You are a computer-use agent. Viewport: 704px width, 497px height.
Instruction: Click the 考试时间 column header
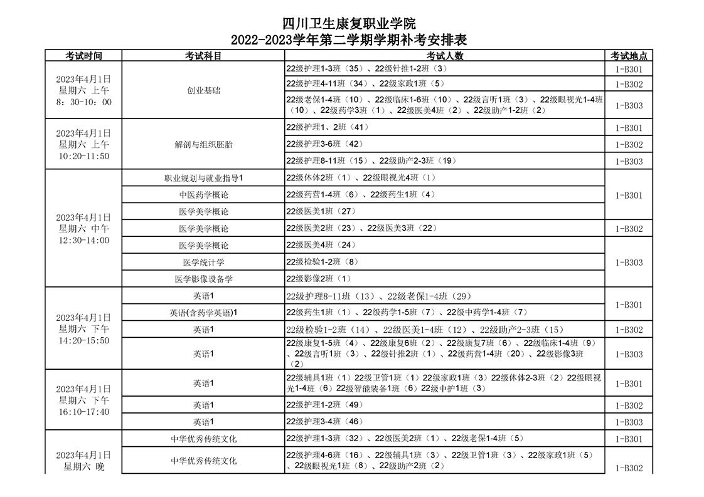(x=83, y=56)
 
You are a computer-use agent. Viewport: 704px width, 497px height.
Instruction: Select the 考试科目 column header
(x=203, y=56)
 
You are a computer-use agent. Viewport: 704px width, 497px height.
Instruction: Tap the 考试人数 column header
(x=444, y=56)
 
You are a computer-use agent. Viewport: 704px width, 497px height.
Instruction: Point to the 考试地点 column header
(x=629, y=56)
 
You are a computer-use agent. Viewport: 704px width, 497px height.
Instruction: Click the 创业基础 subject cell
(x=203, y=90)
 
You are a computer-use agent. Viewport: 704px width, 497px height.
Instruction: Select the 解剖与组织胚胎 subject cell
(x=203, y=144)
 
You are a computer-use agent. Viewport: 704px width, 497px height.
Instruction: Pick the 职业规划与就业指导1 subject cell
(x=203, y=178)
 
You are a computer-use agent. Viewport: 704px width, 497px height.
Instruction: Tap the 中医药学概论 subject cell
(x=203, y=195)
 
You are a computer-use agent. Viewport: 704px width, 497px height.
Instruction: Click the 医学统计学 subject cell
(x=203, y=262)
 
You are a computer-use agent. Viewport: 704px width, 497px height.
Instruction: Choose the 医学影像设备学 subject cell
(x=203, y=278)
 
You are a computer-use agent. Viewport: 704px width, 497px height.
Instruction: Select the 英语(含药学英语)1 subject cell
(x=203, y=312)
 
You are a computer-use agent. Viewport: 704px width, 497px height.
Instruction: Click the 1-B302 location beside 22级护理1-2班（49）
(x=629, y=405)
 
